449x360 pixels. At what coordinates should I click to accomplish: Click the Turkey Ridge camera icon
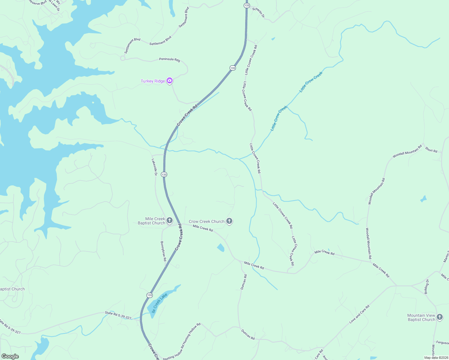tap(170, 80)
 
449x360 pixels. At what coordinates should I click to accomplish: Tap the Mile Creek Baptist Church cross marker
tap(169, 221)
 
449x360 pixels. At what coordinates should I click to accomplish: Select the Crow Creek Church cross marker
tap(229, 221)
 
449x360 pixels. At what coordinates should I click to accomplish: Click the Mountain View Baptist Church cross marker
tap(440, 317)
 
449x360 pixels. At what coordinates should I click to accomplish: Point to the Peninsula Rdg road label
tap(170, 59)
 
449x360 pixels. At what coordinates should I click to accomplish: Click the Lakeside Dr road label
tap(155, 167)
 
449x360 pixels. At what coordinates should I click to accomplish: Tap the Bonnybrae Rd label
tap(163, 251)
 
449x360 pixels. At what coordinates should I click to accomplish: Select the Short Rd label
tap(431, 150)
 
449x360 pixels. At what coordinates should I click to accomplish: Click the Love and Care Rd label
tap(360, 314)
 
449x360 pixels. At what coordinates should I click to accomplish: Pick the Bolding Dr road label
tap(427, 286)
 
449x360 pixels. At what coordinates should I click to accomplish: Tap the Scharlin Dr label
tap(258, 13)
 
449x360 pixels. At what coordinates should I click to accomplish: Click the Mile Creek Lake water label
tap(159, 303)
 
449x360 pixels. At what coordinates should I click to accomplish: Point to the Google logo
tap(10, 356)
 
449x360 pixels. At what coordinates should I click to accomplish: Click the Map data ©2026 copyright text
tap(436, 358)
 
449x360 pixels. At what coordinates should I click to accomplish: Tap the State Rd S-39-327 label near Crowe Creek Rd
tap(118, 315)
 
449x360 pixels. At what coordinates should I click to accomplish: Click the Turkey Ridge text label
tap(153, 81)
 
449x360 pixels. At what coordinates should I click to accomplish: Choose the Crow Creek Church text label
tap(206, 221)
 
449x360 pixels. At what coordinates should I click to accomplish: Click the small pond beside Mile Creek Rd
tap(221, 247)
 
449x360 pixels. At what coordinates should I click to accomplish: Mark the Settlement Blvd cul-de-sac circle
tap(122, 58)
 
